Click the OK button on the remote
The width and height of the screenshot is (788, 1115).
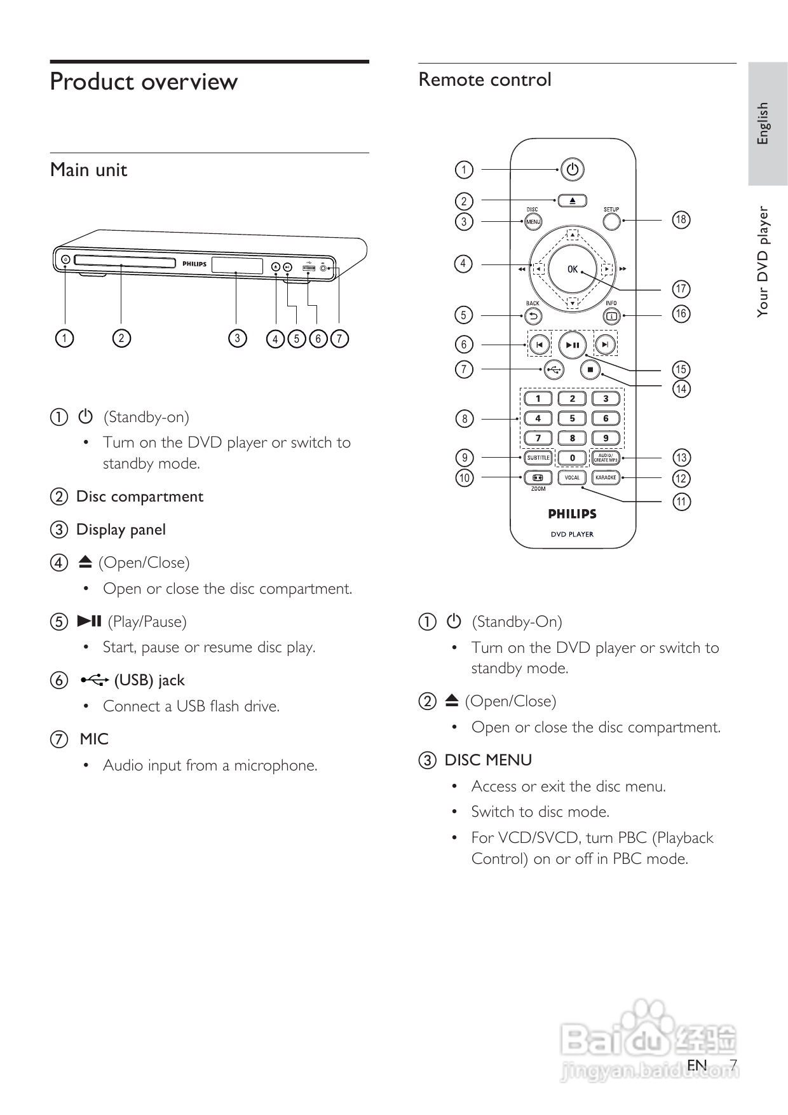coord(573,269)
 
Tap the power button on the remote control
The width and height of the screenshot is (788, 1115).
coord(573,170)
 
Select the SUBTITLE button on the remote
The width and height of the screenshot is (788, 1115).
coord(538,458)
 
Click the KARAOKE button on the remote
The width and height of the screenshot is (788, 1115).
coord(606,477)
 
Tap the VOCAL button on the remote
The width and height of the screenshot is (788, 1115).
coord(573,477)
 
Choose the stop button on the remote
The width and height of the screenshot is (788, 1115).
coord(590,369)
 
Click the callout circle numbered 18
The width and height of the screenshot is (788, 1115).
coord(681,220)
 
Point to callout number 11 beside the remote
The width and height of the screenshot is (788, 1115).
coord(681,502)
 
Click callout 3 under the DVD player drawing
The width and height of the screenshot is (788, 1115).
coord(237,338)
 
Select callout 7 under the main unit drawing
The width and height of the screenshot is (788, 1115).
coord(340,338)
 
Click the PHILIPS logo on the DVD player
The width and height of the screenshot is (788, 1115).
coord(194,264)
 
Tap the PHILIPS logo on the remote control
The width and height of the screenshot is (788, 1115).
coord(572,514)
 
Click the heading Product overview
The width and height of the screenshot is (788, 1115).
coord(144,82)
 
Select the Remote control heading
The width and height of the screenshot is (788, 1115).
coord(485,79)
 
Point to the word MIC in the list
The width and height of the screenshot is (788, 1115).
coord(94,739)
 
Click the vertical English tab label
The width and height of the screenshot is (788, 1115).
coord(763,123)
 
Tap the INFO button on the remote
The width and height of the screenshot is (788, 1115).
coord(611,315)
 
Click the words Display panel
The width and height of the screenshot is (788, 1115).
coord(121,530)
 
